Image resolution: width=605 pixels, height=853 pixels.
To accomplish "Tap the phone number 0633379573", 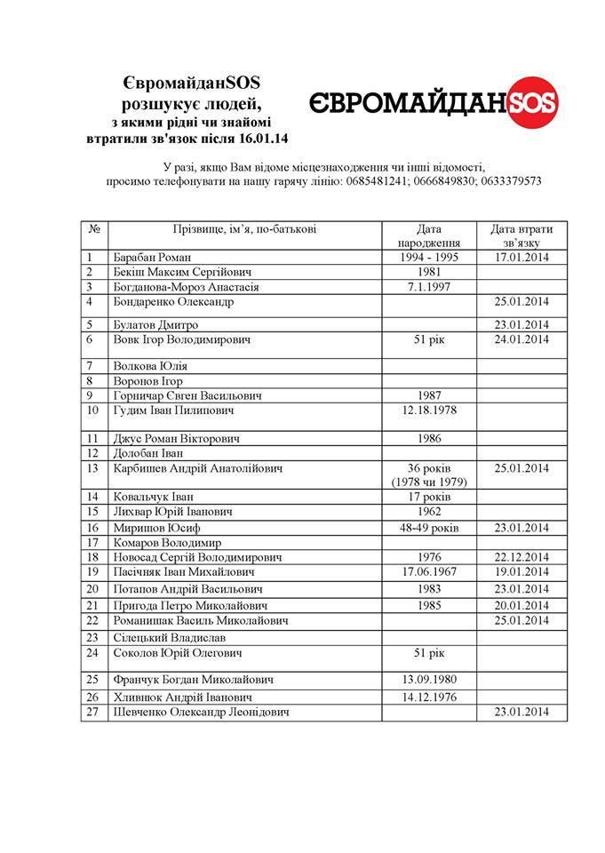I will click(509, 181).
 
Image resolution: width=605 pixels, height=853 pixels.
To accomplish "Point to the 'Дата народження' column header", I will click(426, 236).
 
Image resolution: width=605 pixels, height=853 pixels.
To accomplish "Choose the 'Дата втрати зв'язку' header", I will click(521, 236).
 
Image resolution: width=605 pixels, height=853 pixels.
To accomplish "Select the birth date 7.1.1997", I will click(427, 287).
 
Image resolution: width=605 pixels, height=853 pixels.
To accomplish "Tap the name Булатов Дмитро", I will click(155, 324).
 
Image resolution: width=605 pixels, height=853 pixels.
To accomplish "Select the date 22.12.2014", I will click(521, 557).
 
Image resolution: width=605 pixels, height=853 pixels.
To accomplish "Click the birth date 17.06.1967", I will click(427, 572).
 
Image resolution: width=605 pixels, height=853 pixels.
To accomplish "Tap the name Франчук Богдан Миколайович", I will click(193, 680).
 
